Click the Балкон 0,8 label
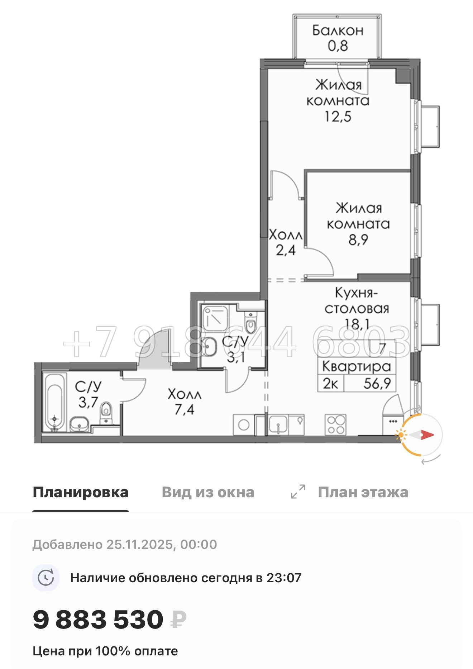coord(338,38)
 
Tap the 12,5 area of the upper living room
coord(338,117)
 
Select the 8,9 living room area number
coord(358,239)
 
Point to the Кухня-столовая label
coord(357,300)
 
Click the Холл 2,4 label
coord(286,242)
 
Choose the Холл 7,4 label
coord(185,402)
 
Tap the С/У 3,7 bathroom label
coord(88,394)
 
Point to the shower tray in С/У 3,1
coord(215,317)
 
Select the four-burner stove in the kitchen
coord(335,424)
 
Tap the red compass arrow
coord(427,435)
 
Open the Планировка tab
coord(81,492)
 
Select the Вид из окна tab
coord(208,492)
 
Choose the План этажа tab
coord(363,492)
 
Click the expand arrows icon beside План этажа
coord(298,492)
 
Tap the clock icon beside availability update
coord(46,578)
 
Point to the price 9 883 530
coord(98,620)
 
